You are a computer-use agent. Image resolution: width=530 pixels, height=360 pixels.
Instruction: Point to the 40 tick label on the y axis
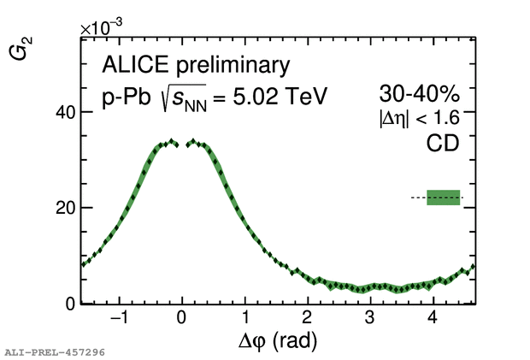tap(67, 112)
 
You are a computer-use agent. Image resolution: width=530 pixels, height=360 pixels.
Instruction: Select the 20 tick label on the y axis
tap(67, 208)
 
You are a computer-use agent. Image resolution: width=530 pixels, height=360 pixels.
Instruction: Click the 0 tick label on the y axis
tap(72, 304)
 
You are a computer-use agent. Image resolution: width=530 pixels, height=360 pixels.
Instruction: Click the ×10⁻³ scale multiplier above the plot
tap(102, 27)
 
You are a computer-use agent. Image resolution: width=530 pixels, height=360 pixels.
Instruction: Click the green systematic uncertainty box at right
tap(444, 198)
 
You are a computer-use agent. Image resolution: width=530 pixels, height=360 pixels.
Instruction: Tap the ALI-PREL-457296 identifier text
tap(54, 351)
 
